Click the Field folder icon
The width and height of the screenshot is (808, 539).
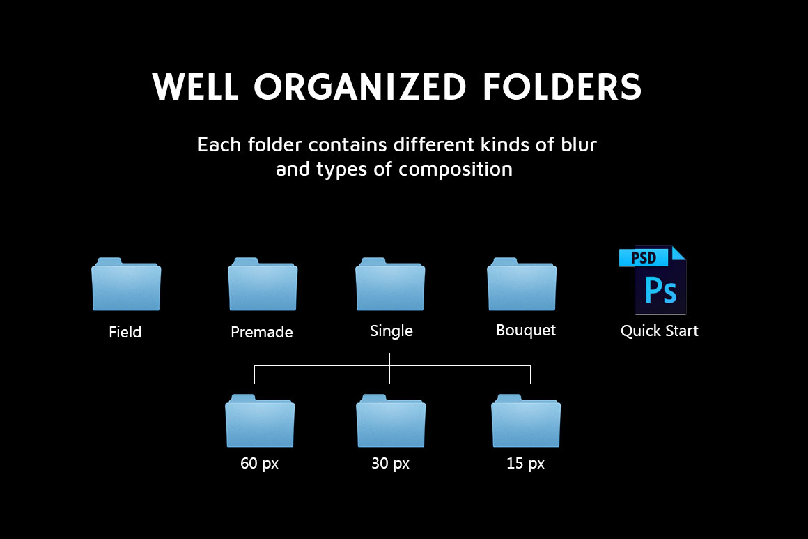[x=126, y=284]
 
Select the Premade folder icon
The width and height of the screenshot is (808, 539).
[x=263, y=284]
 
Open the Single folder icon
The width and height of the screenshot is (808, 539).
[x=390, y=284]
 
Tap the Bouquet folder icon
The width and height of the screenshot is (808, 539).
[x=522, y=284]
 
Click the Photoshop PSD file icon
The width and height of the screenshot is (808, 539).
[x=653, y=280]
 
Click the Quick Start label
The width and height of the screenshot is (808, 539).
[x=660, y=331]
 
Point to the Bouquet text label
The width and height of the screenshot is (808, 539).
[x=526, y=331]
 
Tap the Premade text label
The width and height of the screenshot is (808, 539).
[x=262, y=332]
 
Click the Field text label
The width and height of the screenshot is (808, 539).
[x=125, y=332]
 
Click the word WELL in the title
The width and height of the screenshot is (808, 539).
[x=195, y=86]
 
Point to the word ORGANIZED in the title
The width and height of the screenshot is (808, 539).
[x=359, y=86]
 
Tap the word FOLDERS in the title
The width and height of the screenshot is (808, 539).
[x=562, y=86]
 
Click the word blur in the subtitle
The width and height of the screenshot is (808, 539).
[x=579, y=145]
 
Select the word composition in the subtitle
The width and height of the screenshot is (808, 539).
[x=456, y=169]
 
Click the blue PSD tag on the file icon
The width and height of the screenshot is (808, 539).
[x=644, y=257]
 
